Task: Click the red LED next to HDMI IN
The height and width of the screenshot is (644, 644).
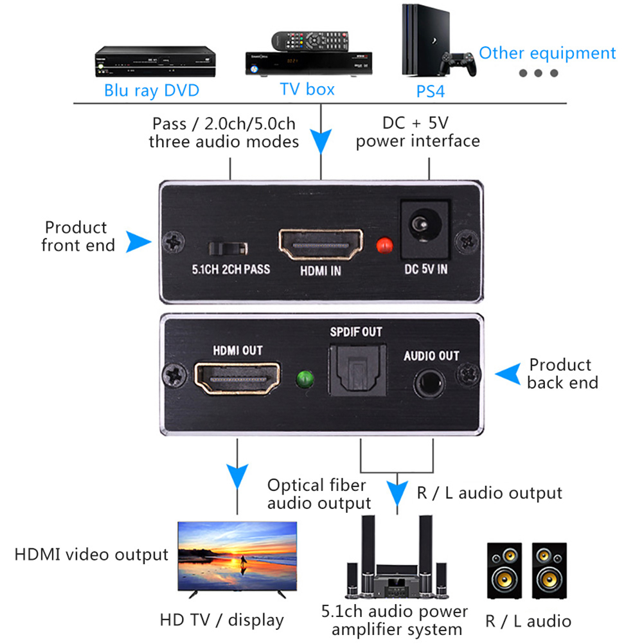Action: point(384,246)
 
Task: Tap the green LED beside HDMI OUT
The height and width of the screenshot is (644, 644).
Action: point(303,379)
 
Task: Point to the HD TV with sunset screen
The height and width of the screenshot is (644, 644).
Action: point(237,557)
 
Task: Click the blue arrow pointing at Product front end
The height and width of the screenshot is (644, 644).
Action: point(138,242)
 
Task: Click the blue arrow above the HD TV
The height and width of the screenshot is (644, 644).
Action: point(238,477)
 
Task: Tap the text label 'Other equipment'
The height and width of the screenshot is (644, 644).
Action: point(547,53)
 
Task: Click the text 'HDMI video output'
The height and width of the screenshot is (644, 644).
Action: point(91,554)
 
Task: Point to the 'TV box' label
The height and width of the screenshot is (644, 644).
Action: point(307,89)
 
